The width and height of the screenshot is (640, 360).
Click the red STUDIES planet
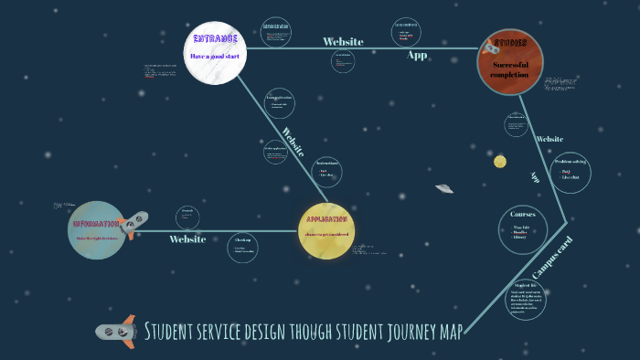[x=509, y=61]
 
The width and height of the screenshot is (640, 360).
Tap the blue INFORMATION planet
[x=96, y=229]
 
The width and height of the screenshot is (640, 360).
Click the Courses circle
[x=523, y=228]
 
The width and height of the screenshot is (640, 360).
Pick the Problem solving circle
[x=571, y=172]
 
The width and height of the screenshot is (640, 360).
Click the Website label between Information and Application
[x=187, y=239]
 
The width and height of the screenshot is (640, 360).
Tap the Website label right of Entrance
[x=343, y=41]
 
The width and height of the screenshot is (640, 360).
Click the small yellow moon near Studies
[x=500, y=162]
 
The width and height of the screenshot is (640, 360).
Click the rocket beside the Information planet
[x=136, y=224]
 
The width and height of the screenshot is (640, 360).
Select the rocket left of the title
[x=116, y=331]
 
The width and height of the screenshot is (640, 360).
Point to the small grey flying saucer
[x=444, y=188]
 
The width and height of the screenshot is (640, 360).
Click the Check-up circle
[x=242, y=247]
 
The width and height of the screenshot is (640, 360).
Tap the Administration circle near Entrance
[x=275, y=32]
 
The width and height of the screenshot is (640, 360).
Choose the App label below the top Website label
[x=417, y=55]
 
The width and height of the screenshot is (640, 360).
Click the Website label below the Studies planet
[x=549, y=139]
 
